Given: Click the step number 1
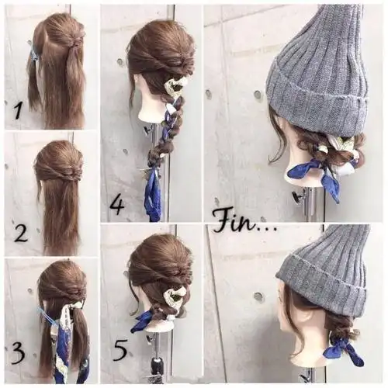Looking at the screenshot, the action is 18,110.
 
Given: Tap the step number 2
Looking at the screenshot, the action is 21,232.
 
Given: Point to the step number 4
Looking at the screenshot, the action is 117,205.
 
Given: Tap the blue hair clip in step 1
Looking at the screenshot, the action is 34,56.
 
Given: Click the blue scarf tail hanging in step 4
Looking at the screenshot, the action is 152,196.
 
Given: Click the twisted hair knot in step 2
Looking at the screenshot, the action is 68,172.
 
